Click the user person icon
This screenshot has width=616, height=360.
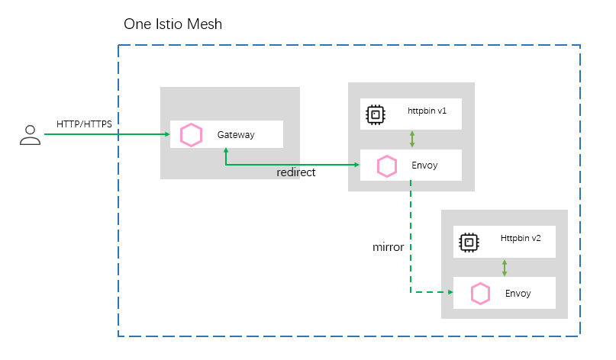(30, 135)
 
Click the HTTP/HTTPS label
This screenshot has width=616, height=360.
(88, 124)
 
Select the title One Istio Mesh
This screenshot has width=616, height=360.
(173, 24)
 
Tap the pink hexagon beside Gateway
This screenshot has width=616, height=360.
(191, 135)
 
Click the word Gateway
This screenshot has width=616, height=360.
(235, 135)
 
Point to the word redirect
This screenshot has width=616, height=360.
(295, 173)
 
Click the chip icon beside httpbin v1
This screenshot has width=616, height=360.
(375, 114)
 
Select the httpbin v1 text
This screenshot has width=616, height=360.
(427, 111)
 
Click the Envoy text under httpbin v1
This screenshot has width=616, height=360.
(424, 165)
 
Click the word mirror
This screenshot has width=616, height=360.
(388, 248)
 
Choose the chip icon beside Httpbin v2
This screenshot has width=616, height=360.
(468, 243)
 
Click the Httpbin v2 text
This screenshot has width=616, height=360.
(521, 238)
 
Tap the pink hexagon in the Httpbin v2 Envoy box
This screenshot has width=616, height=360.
(480, 293)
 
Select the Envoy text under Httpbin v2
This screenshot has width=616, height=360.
(518, 293)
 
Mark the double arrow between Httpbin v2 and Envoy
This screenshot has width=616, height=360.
(505, 268)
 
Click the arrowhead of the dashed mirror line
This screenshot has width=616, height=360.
(449, 291)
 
